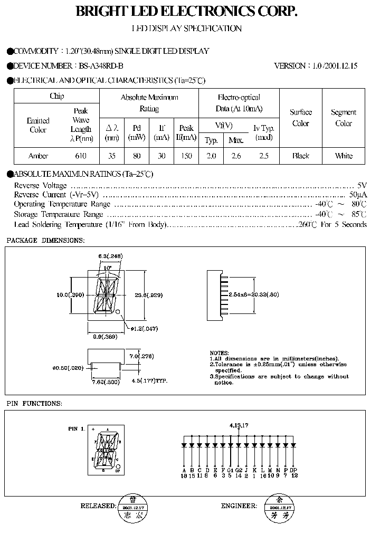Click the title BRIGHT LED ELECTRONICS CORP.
tap(187, 12)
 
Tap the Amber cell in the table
tap(38, 156)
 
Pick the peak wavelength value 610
tap(81, 156)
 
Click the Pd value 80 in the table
tap(137, 156)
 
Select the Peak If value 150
tap(186, 156)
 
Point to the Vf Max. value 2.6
tap(235, 156)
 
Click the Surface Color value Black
tap(300, 156)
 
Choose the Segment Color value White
tap(344, 156)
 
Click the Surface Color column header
tap(300, 118)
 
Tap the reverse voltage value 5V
tap(362, 185)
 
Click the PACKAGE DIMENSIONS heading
tap(45, 240)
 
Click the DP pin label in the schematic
tap(294, 470)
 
